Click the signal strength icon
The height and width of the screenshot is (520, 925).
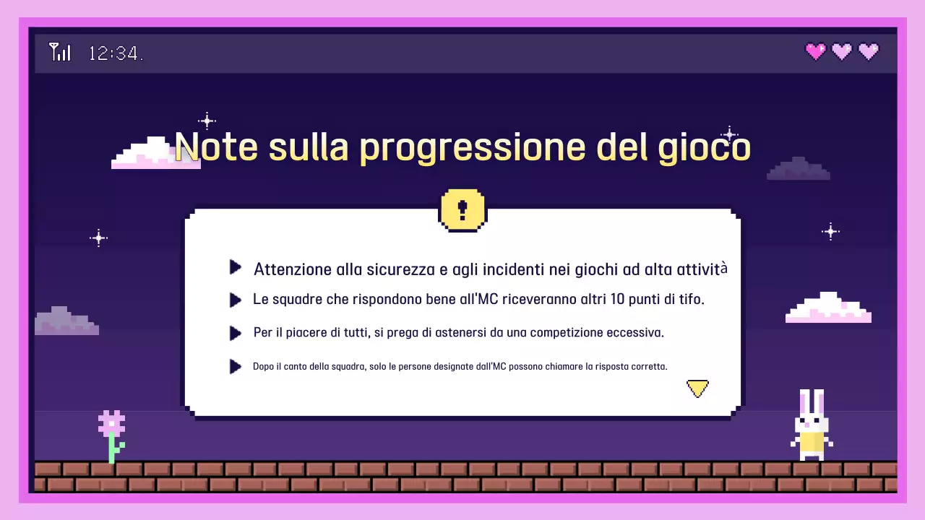point(60,52)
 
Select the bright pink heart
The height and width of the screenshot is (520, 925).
point(816,51)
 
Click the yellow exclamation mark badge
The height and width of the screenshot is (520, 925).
point(462,210)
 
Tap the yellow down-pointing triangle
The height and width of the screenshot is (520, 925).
point(697,389)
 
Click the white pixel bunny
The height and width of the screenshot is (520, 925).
point(812,426)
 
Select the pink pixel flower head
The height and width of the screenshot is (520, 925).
point(112,422)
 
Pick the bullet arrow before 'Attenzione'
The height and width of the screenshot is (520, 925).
point(235,268)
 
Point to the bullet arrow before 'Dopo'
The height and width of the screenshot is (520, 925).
point(235,366)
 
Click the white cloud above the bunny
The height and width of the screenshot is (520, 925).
point(828,308)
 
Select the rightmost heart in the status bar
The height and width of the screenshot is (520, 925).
point(869,51)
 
